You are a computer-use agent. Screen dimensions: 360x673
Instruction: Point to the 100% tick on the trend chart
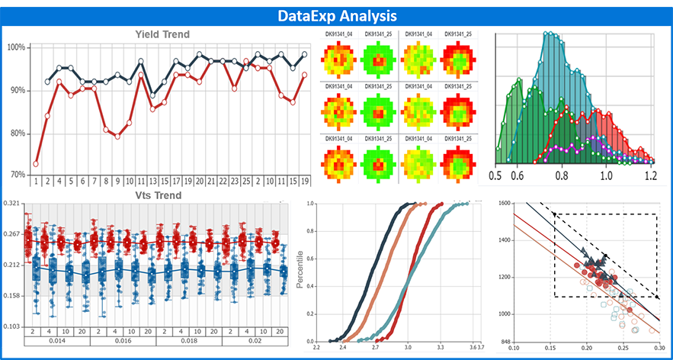point(17,47)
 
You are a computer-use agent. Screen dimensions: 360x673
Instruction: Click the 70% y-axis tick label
point(17,175)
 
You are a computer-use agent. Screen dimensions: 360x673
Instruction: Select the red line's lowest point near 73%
point(36,163)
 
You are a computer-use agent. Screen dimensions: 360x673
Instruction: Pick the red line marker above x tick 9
point(117,136)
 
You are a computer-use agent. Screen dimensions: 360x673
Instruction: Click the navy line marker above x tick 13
point(152,95)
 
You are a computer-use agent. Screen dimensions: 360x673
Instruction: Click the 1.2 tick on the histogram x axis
point(650,175)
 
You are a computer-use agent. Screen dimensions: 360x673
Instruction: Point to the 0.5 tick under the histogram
point(496,175)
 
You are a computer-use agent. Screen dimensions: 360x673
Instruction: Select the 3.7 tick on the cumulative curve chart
point(479,347)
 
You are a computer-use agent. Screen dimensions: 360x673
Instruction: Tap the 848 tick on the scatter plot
point(503,342)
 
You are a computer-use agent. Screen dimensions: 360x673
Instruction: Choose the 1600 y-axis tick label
point(502,204)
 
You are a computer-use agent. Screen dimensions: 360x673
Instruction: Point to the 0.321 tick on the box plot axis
point(11,204)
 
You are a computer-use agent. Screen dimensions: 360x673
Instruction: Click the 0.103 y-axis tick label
point(11,326)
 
